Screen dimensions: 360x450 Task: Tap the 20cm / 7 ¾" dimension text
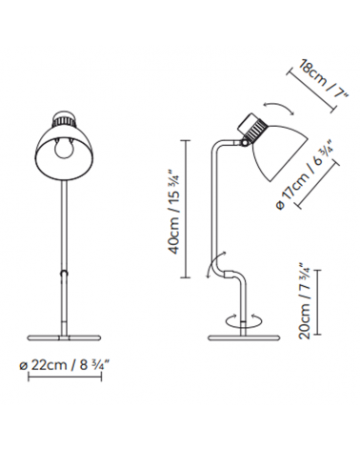pos(304,300)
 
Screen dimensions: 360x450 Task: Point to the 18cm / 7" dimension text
pos(324,78)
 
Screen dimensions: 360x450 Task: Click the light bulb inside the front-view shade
pos(65,149)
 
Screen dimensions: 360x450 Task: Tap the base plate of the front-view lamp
pos(65,337)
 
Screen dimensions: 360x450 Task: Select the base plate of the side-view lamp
pos(243,337)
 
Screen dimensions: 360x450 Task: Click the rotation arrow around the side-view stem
pos(243,320)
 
